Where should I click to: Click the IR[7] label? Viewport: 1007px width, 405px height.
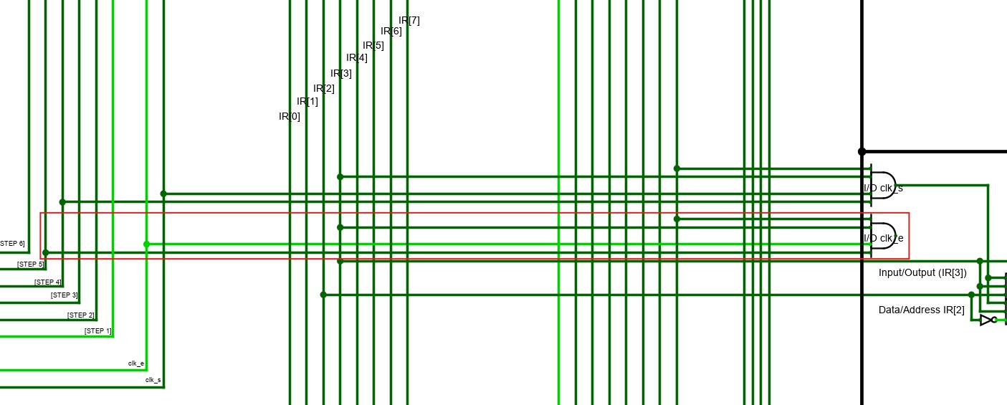(409, 20)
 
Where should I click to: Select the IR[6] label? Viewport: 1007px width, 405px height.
(391, 31)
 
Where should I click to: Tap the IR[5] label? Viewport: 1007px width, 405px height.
(373, 45)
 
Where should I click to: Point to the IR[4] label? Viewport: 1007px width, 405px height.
(357, 57)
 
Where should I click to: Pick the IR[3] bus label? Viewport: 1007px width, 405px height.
(341, 73)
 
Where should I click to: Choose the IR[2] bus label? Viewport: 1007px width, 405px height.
(324, 88)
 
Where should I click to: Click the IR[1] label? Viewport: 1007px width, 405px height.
(307, 101)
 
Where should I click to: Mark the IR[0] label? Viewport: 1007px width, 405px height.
(290, 116)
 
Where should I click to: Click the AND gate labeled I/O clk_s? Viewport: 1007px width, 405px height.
(883, 186)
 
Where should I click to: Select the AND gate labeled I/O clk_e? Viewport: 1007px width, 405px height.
(883, 236)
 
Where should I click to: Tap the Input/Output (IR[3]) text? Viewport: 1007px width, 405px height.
(922, 272)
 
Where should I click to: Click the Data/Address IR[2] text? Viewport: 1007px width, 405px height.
(921, 310)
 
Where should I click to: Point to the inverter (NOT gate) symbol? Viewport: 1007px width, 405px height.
(987, 320)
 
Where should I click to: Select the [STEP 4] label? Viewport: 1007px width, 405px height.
(48, 282)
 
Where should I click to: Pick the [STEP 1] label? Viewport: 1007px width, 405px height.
(98, 330)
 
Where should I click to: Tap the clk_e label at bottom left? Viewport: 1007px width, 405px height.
(136, 363)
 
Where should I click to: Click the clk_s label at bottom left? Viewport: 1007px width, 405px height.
(153, 380)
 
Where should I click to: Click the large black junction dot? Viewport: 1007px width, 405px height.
(862, 152)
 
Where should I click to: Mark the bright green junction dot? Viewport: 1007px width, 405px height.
(146, 244)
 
